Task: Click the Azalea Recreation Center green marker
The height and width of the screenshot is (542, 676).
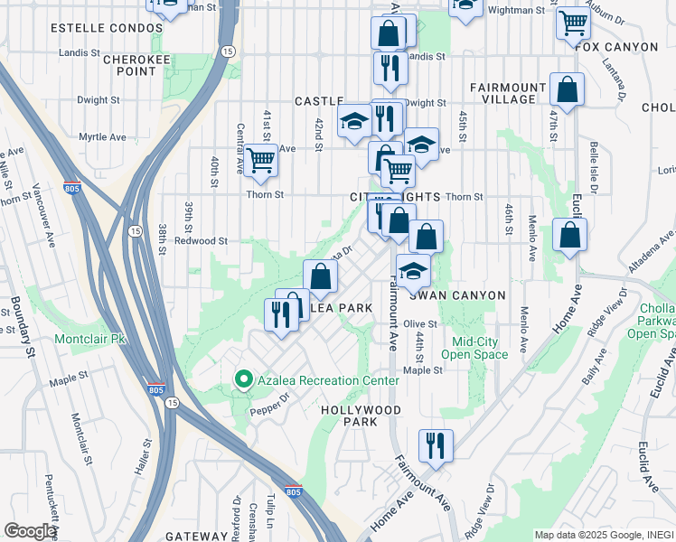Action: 242,380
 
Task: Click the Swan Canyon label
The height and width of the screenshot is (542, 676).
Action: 451,294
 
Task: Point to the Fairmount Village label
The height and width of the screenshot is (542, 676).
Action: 508,93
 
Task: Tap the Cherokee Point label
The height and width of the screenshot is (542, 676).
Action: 131,64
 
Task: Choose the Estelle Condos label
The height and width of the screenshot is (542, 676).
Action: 94,28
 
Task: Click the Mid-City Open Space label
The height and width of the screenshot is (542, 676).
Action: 481,348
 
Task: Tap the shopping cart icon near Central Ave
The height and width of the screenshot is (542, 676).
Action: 260,161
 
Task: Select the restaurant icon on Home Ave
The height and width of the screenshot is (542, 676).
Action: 436,444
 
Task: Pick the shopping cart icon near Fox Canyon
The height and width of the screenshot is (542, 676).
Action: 573,23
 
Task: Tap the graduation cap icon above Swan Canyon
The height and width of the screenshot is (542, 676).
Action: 412,270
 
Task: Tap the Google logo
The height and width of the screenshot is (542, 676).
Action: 30,530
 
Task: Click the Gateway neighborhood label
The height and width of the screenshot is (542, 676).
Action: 180,536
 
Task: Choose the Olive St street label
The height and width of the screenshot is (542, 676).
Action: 420,323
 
